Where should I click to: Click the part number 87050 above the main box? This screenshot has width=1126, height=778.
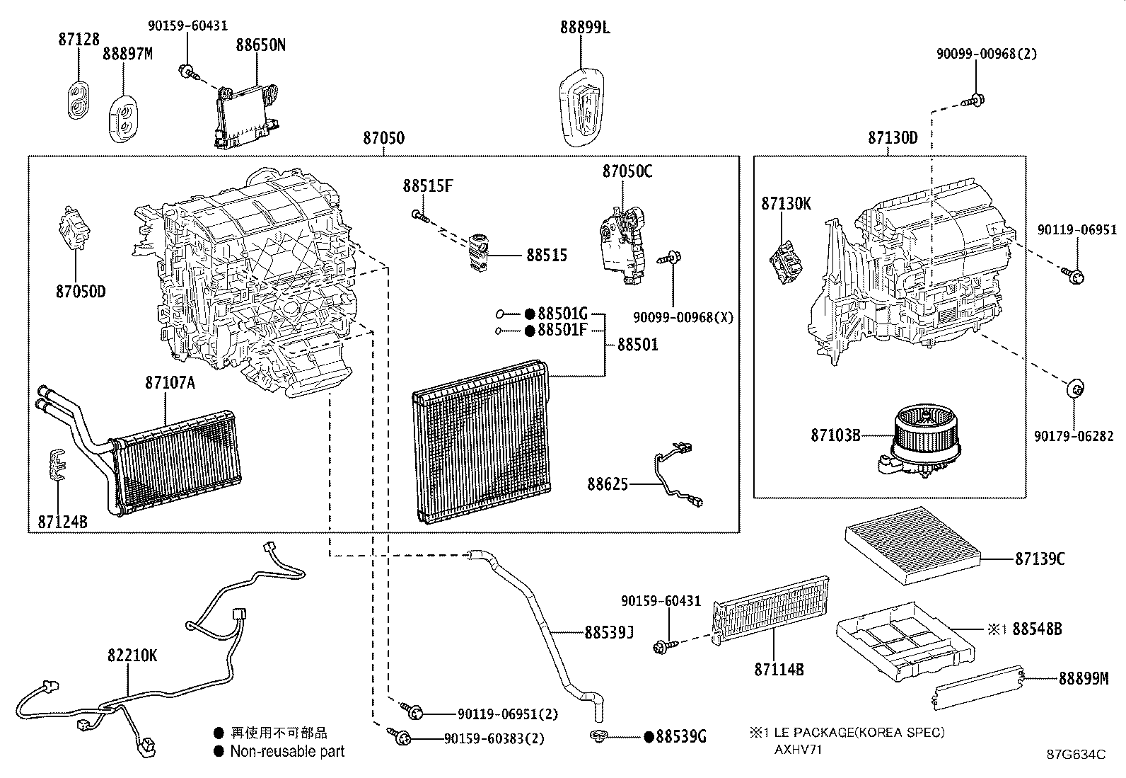click(384, 137)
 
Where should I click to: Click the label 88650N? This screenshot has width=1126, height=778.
click(260, 45)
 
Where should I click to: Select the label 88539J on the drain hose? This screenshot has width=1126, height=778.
click(608, 631)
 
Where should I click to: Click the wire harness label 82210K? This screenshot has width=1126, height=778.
click(132, 656)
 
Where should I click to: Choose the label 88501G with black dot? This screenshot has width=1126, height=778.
click(562, 313)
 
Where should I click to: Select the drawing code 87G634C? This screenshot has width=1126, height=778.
click(1076, 755)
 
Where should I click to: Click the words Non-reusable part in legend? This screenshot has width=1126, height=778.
click(286, 752)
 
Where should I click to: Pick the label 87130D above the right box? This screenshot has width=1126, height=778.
click(893, 137)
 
